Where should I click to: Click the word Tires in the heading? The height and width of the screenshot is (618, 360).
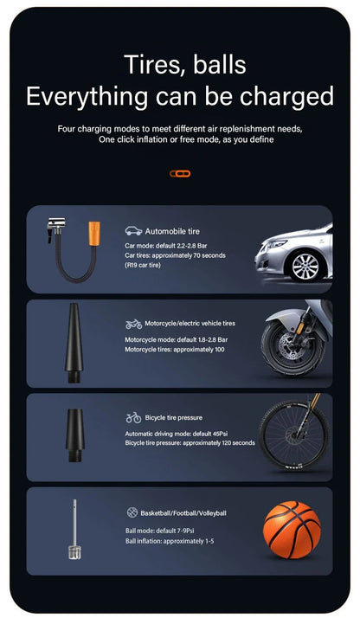pos(152,64)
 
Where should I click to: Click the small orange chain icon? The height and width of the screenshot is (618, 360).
pos(179,173)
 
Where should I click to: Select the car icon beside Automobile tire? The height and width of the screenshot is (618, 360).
pos(133,231)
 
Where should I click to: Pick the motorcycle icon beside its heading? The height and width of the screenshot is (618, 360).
pos(133,324)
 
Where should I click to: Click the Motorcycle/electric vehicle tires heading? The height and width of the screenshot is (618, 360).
pos(190,324)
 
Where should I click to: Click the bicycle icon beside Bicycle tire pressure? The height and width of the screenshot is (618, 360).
pos(133,418)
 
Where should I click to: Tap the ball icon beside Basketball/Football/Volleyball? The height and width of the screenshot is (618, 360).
pos(132,512)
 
